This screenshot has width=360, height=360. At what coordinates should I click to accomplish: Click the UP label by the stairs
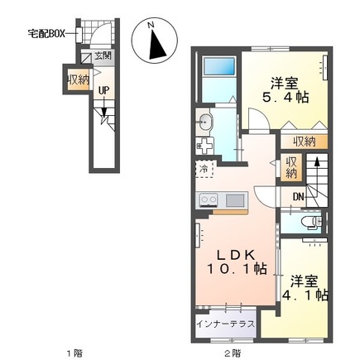pyautogui.click(x=104, y=91)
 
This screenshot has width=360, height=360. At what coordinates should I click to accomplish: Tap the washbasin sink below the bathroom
pyautogui.click(x=207, y=124)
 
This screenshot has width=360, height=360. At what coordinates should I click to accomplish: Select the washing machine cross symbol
pyautogui.click(x=204, y=146)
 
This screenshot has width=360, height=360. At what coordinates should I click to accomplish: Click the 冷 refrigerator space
pyautogui.click(x=204, y=169)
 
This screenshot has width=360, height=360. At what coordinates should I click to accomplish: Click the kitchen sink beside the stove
pyautogui.click(x=234, y=199)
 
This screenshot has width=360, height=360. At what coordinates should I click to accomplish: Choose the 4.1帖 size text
pyautogui.click(x=305, y=294)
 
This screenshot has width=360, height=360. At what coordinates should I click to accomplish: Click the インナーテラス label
pyautogui.click(x=225, y=323)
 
